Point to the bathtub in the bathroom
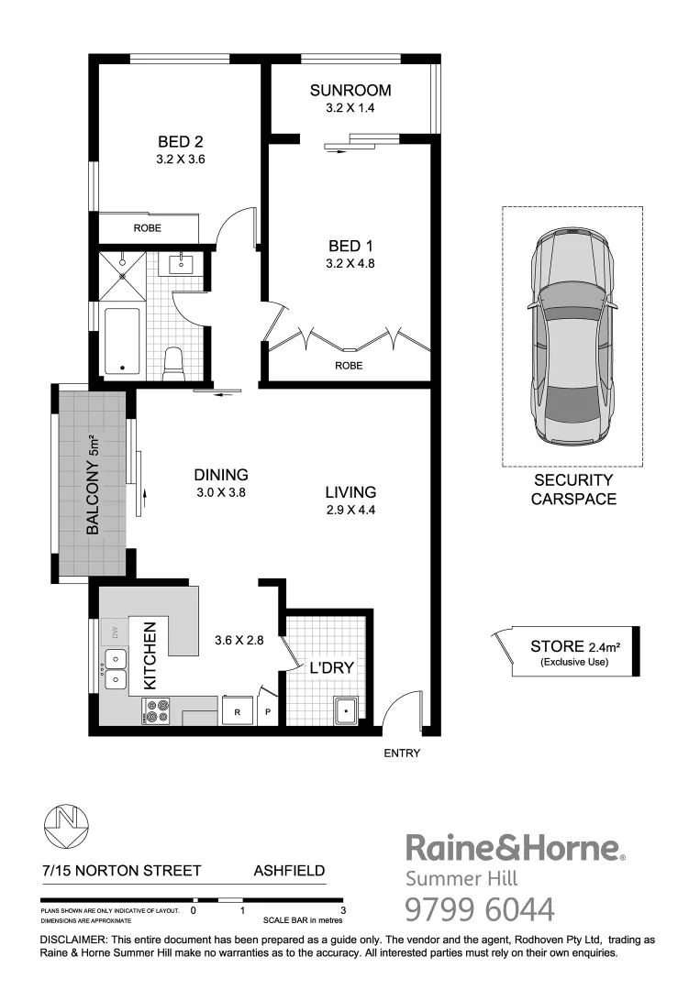121,341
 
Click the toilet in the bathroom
172,363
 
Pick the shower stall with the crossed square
120,272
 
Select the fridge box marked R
238,711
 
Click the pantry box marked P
269,711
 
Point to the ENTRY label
401,753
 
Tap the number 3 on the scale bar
342,911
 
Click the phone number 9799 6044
480,910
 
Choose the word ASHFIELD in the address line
289,870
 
